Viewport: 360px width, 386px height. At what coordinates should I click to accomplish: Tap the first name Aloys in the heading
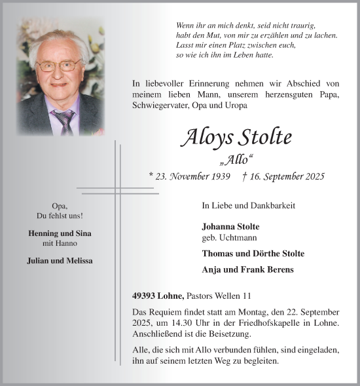(206, 138)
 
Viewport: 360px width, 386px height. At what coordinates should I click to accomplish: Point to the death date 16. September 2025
(287, 176)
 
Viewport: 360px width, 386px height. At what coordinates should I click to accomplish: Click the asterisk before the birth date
(151, 176)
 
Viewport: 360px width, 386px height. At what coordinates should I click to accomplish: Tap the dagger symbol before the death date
(244, 176)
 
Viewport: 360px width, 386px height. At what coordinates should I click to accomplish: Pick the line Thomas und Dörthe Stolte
(253, 253)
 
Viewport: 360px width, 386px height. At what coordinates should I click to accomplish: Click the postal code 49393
(144, 296)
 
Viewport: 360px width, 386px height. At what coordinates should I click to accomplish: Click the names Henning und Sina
(60, 233)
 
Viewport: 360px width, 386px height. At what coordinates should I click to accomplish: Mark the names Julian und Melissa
(60, 260)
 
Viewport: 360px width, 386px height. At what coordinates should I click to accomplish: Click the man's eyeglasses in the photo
(58, 66)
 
